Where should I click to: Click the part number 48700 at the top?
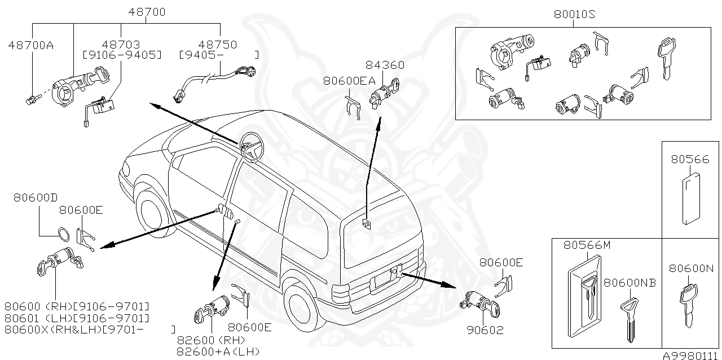click(x=146, y=11)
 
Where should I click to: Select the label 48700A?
click(x=30, y=45)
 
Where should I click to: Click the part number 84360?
click(x=385, y=65)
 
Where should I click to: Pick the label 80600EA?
click(x=349, y=81)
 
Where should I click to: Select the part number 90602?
click(x=485, y=330)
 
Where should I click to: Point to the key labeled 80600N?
click(x=689, y=305)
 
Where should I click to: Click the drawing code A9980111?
click(x=691, y=355)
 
